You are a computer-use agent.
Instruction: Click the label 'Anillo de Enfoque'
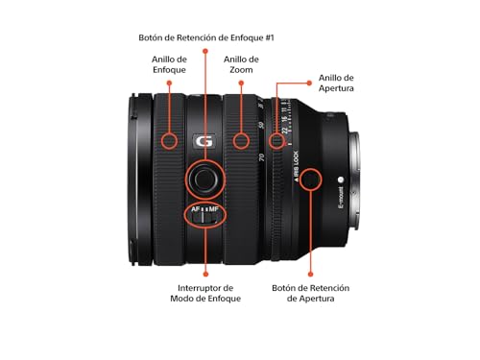pyautogui.click(x=169, y=64)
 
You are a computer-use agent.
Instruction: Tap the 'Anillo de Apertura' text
pyautogui.click(x=340, y=83)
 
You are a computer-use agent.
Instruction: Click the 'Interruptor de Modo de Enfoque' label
pyautogui.click(x=205, y=293)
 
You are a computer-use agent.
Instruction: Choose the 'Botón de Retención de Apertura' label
pyautogui.click(x=310, y=293)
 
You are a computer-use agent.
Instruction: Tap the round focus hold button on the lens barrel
pyautogui.click(x=204, y=177)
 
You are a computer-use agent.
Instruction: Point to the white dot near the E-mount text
pyautogui.click(x=341, y=179)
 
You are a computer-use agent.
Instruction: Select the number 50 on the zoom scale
pyautogui.click(x=262, y=126)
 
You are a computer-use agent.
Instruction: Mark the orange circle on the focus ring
pyautogui.click(x=169, y=140)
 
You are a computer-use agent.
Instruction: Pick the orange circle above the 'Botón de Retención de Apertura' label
pyautogui.click(x=309, y=180)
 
